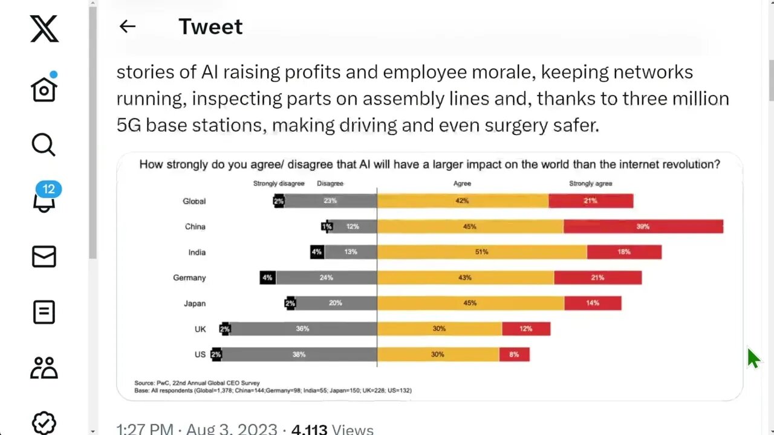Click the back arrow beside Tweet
click(127, 26)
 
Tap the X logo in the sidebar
click(44, 29)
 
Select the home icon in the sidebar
click(44, 89)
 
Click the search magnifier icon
click(44, 145)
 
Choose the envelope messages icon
click(44, 256)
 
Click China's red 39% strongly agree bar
click(643, 227)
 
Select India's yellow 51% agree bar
click(481, 252)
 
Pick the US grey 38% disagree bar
click(299, 355)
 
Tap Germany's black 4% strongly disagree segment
click(267, 278)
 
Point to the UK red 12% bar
click(525, 329)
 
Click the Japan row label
click(195, 303)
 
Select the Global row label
click(194, 201)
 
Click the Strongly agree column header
click(590, 183)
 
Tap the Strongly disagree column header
click(279, 183)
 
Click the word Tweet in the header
click(210, 27)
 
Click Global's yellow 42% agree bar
click(463, 201)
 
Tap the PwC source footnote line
click(197, 382)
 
